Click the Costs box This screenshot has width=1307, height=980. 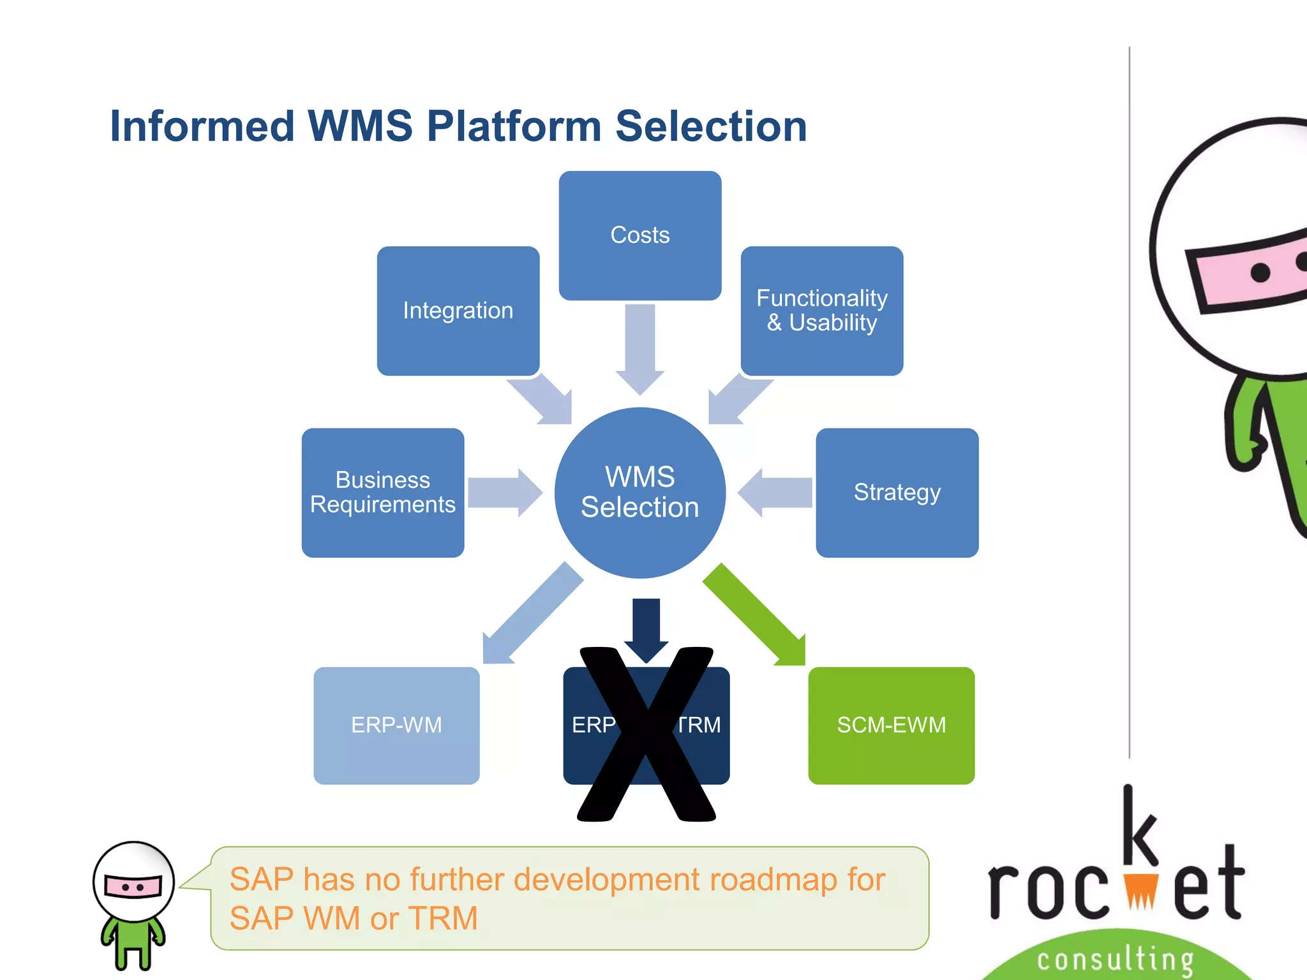click(x=640, y=235)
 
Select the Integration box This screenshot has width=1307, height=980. click(x=458, y=311)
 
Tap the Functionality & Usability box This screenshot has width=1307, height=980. click(x=822, y=311)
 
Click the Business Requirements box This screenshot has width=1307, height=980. click(x=383, y=493)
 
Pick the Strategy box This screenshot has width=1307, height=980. click(x=897, y=493)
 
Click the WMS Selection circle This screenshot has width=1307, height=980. click(x=640, y=493)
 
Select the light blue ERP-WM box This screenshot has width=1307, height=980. click(x=396, y=725)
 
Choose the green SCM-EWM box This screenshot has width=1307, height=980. click(x=891, y=725)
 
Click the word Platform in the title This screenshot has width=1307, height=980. click(x=514, y=126)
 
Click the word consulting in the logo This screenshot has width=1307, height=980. click(x=1115, y=960)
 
